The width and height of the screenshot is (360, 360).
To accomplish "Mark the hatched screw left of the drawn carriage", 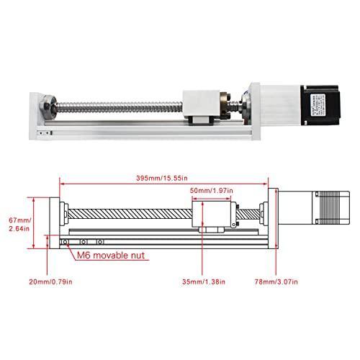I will point(130,214).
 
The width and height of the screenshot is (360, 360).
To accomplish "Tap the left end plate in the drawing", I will point(57,220).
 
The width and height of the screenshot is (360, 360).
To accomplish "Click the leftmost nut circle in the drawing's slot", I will point(66,241).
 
